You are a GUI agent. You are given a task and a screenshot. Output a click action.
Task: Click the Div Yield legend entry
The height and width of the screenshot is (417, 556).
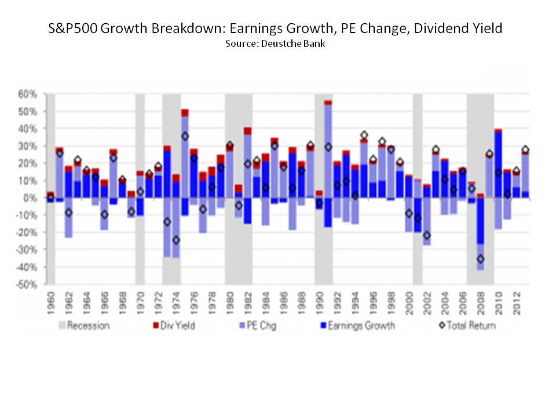177,325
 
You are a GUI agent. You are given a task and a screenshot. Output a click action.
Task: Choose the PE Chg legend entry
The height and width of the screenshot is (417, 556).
261,325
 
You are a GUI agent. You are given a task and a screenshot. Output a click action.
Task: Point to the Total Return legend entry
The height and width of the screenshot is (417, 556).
466,325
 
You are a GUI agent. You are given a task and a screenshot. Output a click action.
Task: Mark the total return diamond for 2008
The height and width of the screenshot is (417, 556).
480,259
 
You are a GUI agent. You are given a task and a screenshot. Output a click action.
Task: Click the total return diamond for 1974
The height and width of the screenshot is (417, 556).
176,240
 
